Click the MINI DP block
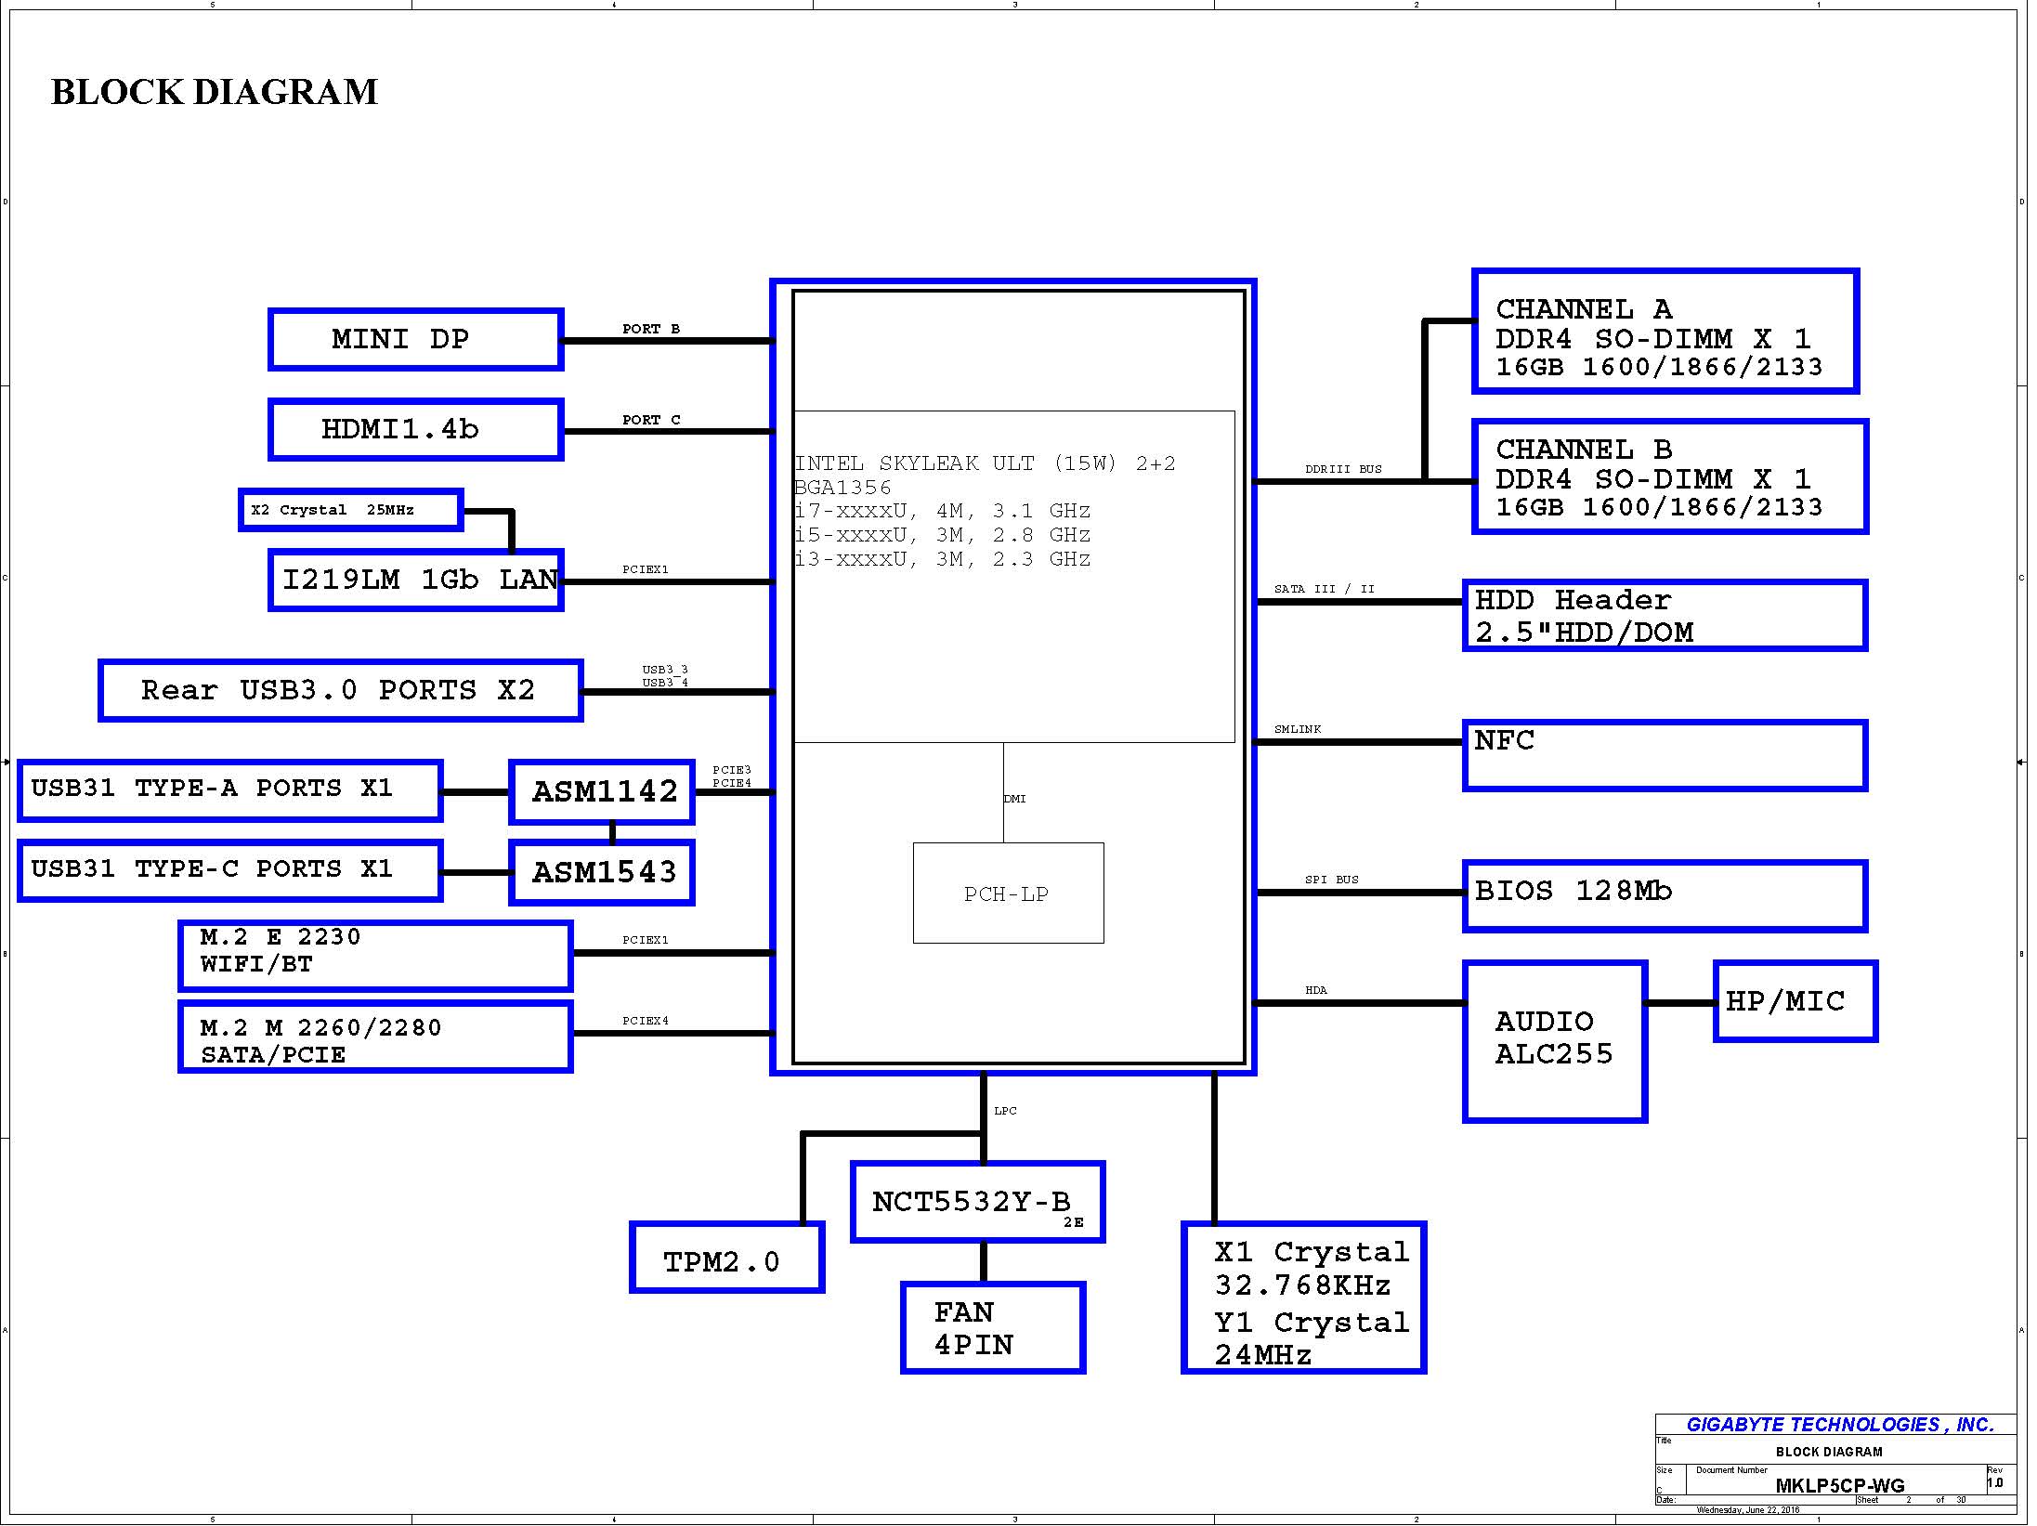(415, 340)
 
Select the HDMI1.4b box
(415, 430)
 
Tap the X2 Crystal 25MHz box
(350, 510)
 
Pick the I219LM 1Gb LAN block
(415, 580)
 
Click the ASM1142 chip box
(602, 792)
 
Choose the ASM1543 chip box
(602, 872)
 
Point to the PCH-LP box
(1008, 893)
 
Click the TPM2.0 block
(726, 1259)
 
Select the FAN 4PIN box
(992, 1328)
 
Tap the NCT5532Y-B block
(977, 1202)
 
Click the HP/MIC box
(1795, 1001)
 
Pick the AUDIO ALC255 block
(1555, 1041)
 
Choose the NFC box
(1665, 755)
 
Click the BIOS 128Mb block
(1665, 895)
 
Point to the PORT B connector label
(651, 329)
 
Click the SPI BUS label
(1331, 880)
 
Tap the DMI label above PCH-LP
(1014, 799)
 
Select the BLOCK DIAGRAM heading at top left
(214, 92)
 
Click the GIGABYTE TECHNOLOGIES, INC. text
(1840, 1425)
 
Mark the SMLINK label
(1297, 729)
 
